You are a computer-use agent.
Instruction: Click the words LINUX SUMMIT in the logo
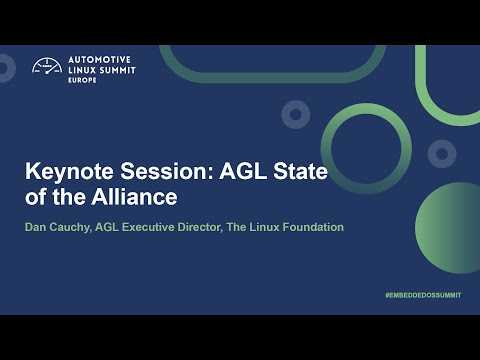tap(99, 70)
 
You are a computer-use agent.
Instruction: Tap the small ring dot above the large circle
tap(294, 114)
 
